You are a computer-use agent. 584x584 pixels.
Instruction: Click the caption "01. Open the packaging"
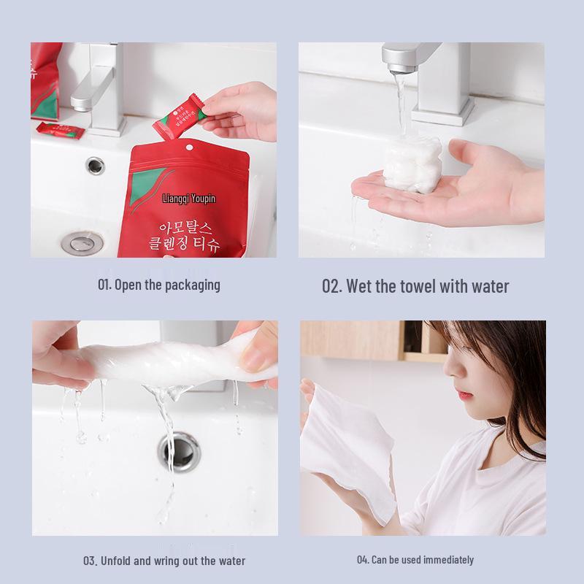pyautogui.click(x=158, y=285)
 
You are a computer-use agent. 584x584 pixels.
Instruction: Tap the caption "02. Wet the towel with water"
pyautogui.click(x=415, y=285)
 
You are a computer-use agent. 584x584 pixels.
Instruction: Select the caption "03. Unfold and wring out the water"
pyautogui.click(x=164, y=561)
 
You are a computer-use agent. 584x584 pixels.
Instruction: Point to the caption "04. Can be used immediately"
pyautogui.click(x=415, y=560)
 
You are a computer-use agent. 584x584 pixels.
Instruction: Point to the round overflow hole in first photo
pyautogui.click(x=95, y=166)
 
